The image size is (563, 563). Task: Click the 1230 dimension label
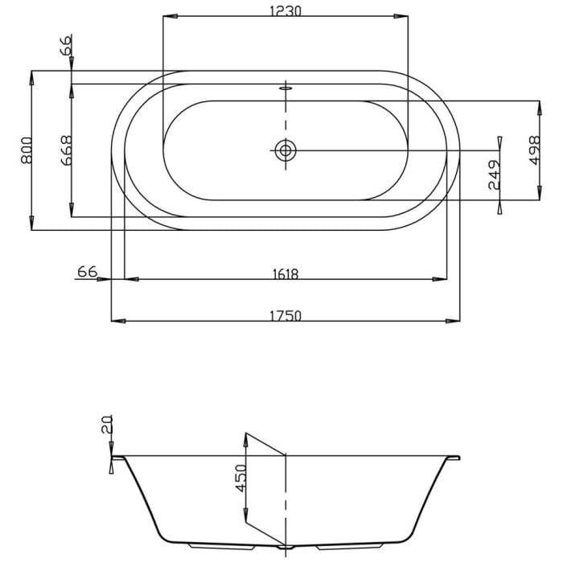coord(286,10)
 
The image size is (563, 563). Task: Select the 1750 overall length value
coord(286,315)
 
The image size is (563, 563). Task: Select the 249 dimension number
coord(494,175)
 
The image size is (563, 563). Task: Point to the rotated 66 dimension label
coord(66,45)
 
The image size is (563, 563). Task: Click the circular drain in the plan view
coord(285,150)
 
